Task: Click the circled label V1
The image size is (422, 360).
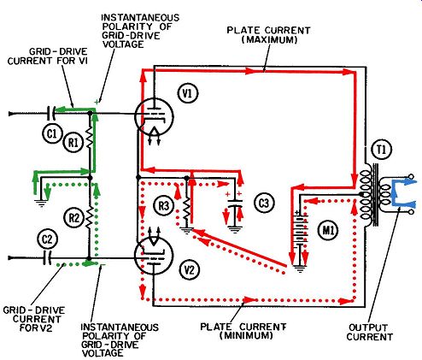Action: (x=188, y=93)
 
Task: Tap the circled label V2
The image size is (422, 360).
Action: (x=190, y=269)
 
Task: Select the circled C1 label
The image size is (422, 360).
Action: (x=51, y=133)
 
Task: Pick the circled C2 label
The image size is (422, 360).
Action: (x=47, y=239)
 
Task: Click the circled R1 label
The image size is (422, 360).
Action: (x=73, y=142)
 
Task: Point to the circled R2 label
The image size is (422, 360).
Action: (x=74, y=218)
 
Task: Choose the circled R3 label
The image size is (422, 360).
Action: (x=164, y=205)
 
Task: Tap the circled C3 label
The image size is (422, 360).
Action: (x=264, y=203)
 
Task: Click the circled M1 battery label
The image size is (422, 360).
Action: (x=328, y=230)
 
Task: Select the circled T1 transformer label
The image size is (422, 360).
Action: (x=382, y=150)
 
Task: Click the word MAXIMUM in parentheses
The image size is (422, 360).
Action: (x=269, y=39)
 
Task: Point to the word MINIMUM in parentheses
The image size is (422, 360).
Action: (x=246, y=335)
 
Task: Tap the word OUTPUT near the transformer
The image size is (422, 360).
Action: (x=368, y=328)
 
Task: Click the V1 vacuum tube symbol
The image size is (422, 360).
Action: (x=154, y=116)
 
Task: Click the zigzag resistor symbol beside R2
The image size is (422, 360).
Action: (x=90, y=218)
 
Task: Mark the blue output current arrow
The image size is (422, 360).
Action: (x=404, y=192)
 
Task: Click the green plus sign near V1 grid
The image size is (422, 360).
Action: (x=97, y=102)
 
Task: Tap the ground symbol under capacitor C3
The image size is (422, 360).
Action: (x=235, y=229)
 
